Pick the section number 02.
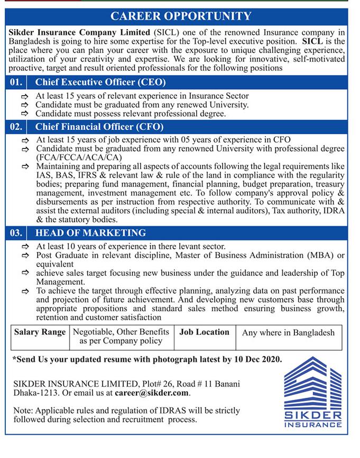click(x=16, y=127)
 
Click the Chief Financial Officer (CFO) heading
click(x=99, y=127)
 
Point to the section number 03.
click(x=16, y=232)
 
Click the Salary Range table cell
click(x=40, y=332)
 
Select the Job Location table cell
click(x=204, y=332)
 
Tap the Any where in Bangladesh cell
click(x=288, y=333)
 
